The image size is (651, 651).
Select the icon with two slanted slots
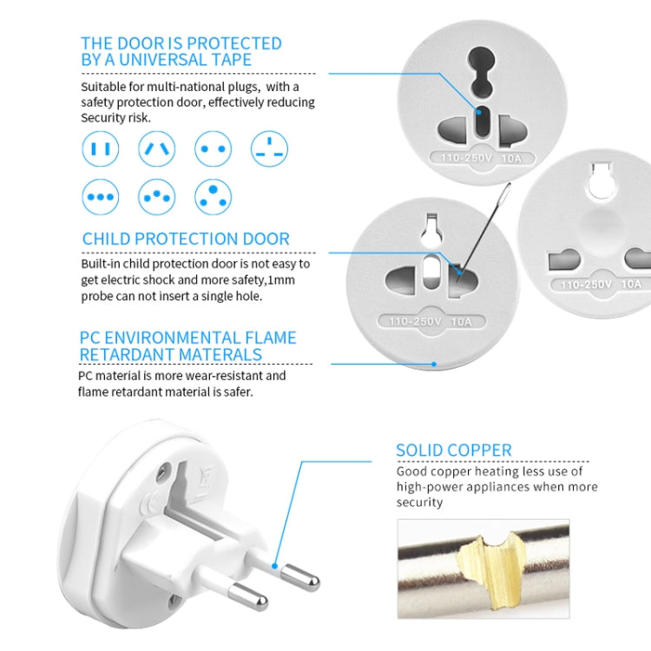[x=156, y=149]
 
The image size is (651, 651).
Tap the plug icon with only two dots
[x=213, y=149]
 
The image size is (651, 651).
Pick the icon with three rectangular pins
[x=269, y=149]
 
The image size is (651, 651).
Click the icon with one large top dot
[x=213, y=197]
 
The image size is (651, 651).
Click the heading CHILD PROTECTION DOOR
[x=186, y=239]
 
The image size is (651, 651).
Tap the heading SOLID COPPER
[x=453, y=450]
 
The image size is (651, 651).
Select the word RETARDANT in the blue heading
[x=126, y=354]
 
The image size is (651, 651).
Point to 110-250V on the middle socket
[x=415, y=321]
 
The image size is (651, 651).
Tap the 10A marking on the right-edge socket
[x=632, y=284]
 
